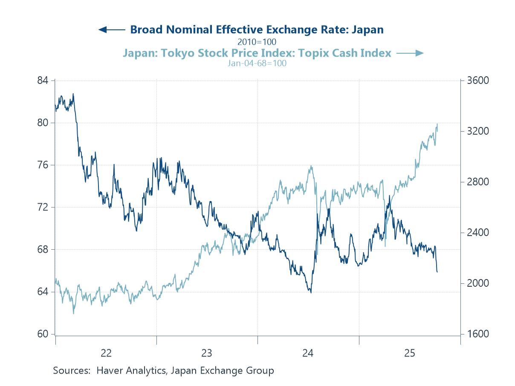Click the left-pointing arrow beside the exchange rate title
click(111, 29)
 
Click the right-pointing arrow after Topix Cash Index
click(410, 53)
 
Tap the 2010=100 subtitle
click(257, 42)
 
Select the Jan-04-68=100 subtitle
click(257, 63)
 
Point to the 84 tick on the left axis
click(43, 81)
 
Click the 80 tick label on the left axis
click(43, 123)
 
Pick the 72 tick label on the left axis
click(43, 207)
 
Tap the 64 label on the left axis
click(43, 292)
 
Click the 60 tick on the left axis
click(43, 334)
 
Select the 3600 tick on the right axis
click(477, 81)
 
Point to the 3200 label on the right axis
click(477, 131)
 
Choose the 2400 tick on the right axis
click(477, 233)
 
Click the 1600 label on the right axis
click(477, 334)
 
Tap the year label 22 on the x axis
click(106, 353)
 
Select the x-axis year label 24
click(308, 353)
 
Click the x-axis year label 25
click(409, 353)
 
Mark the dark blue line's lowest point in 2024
click(311, 293)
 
